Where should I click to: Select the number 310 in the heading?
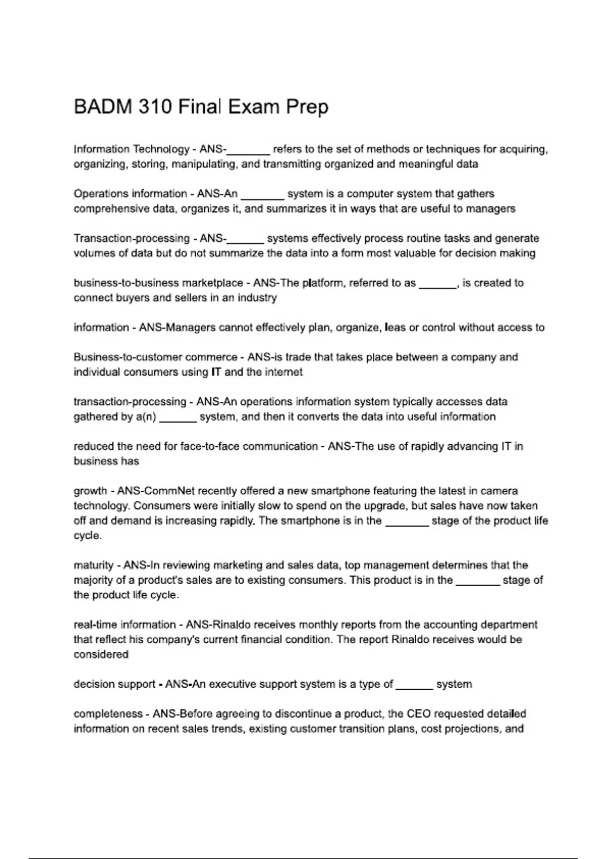(x=153, y=107)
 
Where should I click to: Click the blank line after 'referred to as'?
(x=438, y=284)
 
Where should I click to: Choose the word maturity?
(x=94, y=565)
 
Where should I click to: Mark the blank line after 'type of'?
(x=414, y=685)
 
